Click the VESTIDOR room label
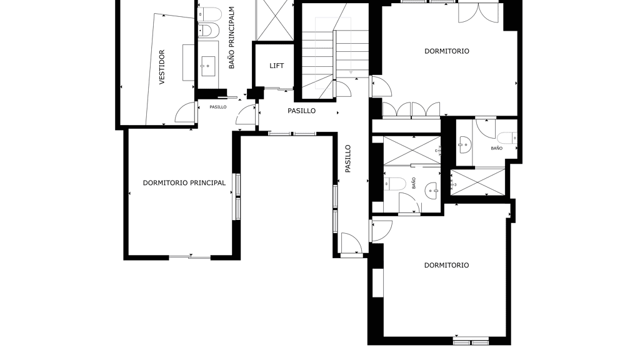(162, 67)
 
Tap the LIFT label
(277, 66)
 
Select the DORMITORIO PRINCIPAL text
(184, 183)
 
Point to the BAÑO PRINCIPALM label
(231, 37)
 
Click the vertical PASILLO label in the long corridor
(347, 159)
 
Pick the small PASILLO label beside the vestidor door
(218, 107)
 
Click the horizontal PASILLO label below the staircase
(302, 111)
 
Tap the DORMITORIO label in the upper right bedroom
(447, 51)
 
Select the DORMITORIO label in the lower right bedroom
(446, 265)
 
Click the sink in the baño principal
(208, 66)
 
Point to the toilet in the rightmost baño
(507, 138)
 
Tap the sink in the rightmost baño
(464, 145)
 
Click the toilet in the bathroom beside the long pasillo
(394, 184)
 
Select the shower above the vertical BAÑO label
(412, 151)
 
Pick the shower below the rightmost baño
(477, 182)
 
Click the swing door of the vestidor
(186, 112)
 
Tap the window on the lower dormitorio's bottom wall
(471, 340)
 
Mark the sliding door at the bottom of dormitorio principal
(190, 257)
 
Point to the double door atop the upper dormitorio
(478, 12)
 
